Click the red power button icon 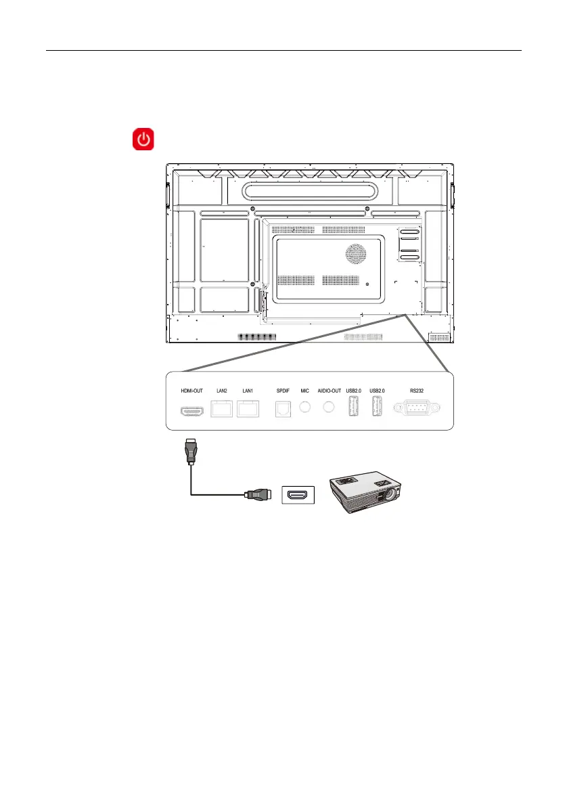[x=143, y=140]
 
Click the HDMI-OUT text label [x=191, y=391]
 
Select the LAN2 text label [x=221, y=391]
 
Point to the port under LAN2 [x=221, y=408]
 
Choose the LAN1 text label [x=247, y=391]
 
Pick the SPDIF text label [x=282, y=391]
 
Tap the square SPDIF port [x=282, y=408]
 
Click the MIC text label [x=305, y=391]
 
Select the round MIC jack [x=305, y=408]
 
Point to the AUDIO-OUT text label [x=329, y=391]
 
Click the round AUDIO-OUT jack [x=330, y=408]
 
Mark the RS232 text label [x=417, y=391]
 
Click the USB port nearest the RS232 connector [x=378, y=409]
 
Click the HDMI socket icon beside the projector [x=298, y=496]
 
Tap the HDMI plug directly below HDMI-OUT [x=191, y=452]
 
